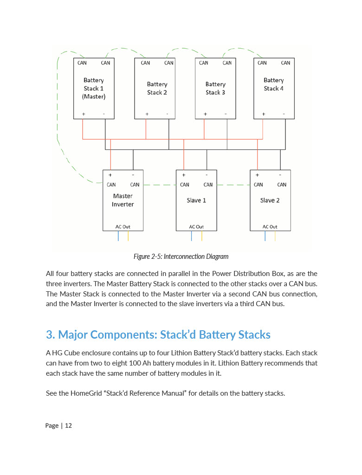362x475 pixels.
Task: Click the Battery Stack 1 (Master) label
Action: point(94,88)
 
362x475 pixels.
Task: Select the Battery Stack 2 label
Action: point(157,88)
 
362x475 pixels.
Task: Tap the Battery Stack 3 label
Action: point(215,88)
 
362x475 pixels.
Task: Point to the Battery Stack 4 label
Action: point(274,84)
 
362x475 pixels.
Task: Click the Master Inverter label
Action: point(123,200)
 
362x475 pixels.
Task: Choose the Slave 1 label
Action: point(196,200)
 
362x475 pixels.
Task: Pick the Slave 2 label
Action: point(270,200)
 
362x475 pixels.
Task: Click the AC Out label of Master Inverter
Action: point(123,227)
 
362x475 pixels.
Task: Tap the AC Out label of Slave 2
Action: point(270,227)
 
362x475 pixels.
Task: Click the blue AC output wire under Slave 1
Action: point(191,236)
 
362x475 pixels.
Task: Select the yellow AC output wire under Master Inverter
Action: point(128,236)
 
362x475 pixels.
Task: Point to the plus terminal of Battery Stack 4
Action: point(264,114)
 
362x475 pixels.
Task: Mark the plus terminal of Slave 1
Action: point(184,175)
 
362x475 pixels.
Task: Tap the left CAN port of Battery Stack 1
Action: point(82,63)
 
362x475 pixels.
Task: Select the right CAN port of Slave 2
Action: point(282,185)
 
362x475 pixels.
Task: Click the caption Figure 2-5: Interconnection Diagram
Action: point(181,257)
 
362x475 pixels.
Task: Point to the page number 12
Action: point(68,425)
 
